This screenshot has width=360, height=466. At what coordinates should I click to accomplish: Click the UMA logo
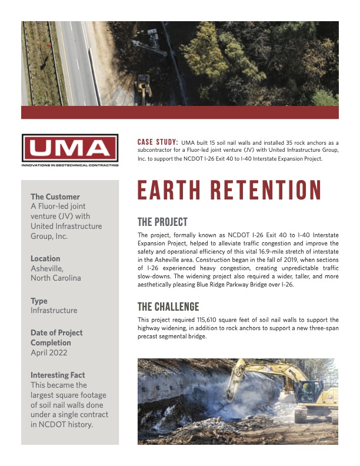pyautogui.click(x=69, y=148)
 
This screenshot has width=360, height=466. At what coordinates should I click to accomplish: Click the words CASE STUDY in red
pyautogui.click(x=158, y=142)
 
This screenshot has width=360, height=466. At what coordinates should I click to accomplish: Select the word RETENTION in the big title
pyautogui.click(x=264, y=191)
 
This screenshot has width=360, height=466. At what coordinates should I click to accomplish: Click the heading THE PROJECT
pyautogui.click(x=162, y=222)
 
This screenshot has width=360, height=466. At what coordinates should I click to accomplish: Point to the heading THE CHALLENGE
pyautogui.click(x=168, y=307)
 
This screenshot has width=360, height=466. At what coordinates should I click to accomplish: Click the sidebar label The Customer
pyautogui.click(x=55, y=197)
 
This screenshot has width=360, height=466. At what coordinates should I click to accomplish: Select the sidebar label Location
pyautogui.click(x=45, y=258)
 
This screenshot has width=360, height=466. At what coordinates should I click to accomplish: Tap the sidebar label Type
pyautogui.click(x=39, y=301)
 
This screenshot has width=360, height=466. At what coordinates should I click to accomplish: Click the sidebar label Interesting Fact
pyautogui.click(x=58, y=375)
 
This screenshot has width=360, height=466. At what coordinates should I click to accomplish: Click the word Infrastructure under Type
pyautogui.click(x=54, y=310)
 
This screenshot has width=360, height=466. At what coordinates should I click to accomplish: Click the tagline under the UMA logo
pyautogui.click(x=69, y=165)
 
